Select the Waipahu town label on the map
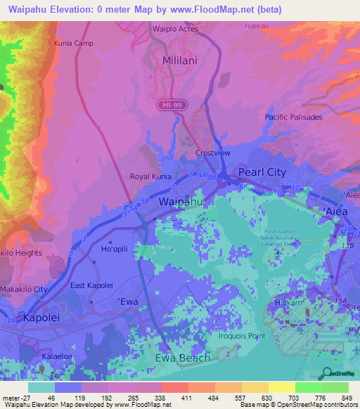coord(181,201)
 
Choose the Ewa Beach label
coord(181,358)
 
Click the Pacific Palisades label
coord(293,117)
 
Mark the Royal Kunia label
coord(150,177)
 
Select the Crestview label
coord(212,152)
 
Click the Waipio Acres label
coord(176,30)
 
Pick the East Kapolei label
coord(91,285)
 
